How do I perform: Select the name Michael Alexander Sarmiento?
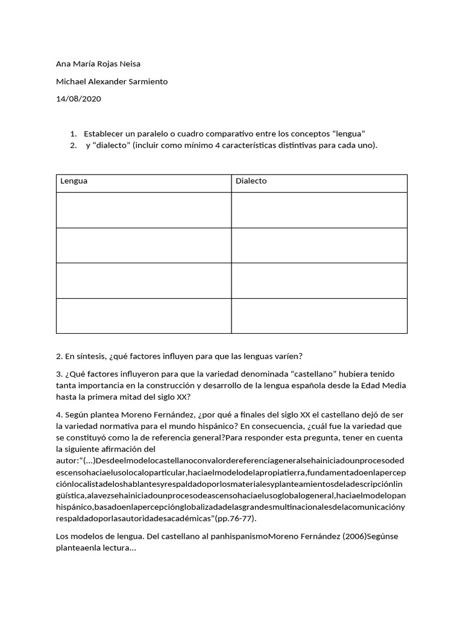pyautogui.click(x=112, y=81)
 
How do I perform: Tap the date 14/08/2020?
pyautogui.click(x=78, y=99)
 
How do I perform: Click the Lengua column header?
pyautogui.click(x=74, y=181)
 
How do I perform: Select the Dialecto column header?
pyautogui.click(x=251, y=181)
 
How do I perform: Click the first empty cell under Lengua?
pyautogui.click(x=143, y=210)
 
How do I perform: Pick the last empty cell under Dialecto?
pyautogui.click(x=319, y=316)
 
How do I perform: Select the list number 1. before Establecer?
pyautogui.click(x=73, y=133)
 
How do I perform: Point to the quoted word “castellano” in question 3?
pyautogui.click(x=268, y=374)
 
